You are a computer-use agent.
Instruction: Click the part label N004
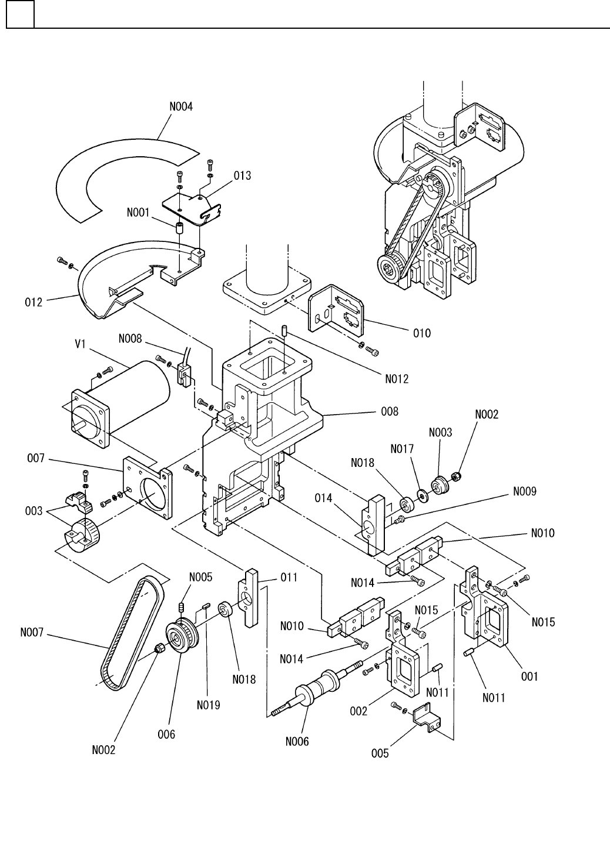181,107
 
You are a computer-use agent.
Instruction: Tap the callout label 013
242,176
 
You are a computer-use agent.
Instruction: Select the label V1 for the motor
81,344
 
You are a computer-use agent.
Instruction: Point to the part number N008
130,339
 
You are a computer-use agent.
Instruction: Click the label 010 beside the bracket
422,333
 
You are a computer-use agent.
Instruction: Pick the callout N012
397,379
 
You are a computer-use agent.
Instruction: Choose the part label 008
390,412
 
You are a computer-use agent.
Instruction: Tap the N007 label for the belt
32,633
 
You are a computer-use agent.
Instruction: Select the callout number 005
380,753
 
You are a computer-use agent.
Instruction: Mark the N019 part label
209,705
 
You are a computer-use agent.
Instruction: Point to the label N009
525,492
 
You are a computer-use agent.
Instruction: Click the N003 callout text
441,432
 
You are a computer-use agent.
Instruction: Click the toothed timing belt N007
132,634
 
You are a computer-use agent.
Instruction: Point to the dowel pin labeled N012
284,331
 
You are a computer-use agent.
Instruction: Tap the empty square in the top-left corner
21,14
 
